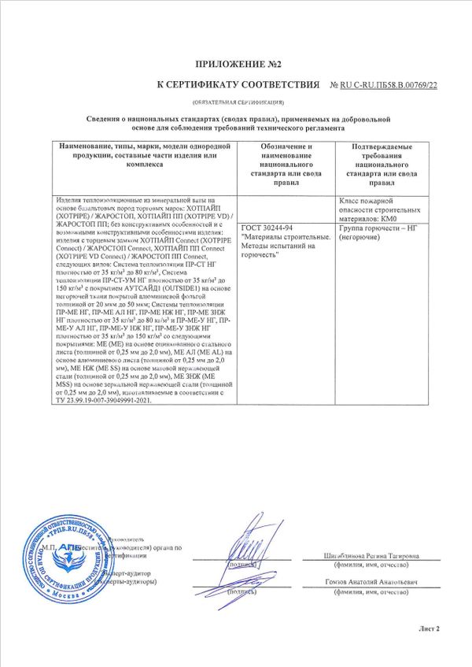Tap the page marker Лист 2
429,629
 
